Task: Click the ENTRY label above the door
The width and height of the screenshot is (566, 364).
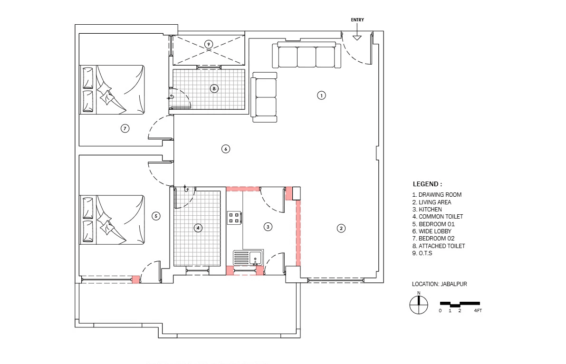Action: click(x=357, y=20)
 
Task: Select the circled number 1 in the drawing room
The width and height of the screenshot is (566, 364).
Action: click(x=321, y=96)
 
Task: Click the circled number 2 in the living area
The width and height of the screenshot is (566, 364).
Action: click(x=341, y=228)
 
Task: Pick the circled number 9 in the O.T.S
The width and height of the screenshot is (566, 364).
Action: click(x=209, y=44)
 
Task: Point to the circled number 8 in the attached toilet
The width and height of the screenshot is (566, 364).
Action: click(x=214, y=88)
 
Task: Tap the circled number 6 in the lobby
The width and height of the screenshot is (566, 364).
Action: click(x=226, y=149)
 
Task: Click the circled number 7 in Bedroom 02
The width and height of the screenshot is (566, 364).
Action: click(x=125, y=128)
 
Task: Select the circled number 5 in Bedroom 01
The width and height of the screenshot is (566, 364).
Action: click(x=156, y=216)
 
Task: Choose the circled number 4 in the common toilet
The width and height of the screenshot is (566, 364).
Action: click(x=198, y=228)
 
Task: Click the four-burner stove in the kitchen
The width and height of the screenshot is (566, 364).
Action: click(x=234, y=218)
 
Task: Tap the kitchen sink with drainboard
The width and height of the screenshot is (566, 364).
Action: click(x=249, y=258)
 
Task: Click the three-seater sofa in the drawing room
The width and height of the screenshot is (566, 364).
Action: click(x=307, y=55)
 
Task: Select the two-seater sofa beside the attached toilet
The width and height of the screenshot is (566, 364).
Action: click(x=264, y=97)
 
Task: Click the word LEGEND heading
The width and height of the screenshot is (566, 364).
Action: click(x=427, y=184)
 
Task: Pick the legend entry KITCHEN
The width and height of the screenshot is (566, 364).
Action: click(x=427, y=210)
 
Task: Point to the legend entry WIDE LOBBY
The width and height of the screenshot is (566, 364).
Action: click(x=432, y=231)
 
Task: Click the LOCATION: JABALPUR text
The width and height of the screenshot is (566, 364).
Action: click(x=439, y=284)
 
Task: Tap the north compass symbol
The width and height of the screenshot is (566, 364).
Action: click(x=419, y=305)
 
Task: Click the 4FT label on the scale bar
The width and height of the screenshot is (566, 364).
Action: click(x=478, y=311)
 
